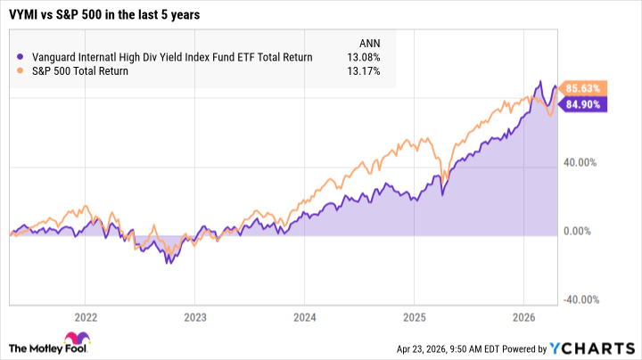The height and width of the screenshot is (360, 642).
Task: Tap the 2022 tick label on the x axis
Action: (x=86, y=316)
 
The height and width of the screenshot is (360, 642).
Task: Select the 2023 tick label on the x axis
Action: (x=195, y=316)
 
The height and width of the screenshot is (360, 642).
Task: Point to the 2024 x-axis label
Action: (x=305, y=316)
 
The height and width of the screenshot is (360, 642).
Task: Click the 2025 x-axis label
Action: (x=415, y=316)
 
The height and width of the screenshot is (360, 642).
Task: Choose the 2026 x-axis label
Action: (x=523, y=316)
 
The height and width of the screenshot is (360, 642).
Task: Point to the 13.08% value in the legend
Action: (x=363, y=57)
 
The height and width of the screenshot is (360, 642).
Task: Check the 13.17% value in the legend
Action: (x=363, y=71)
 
